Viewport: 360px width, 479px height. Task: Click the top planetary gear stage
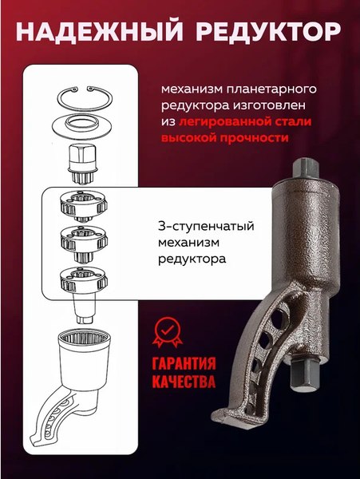point(84,209)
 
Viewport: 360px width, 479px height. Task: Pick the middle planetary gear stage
point(84,240)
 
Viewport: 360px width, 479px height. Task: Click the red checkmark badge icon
point(166,331)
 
